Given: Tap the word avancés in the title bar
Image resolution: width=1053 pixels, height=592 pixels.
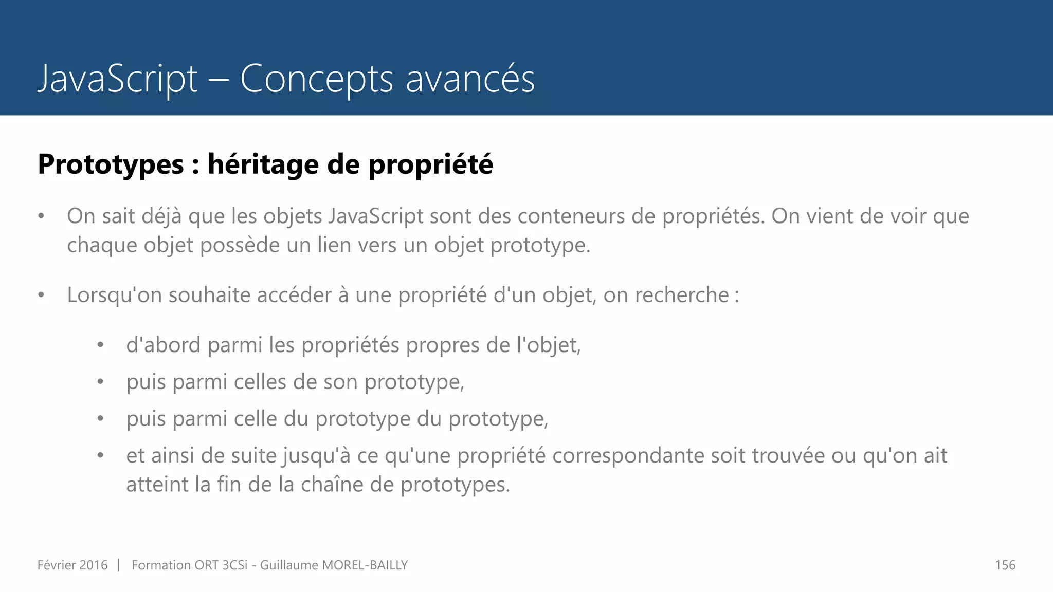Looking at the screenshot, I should point(470,79).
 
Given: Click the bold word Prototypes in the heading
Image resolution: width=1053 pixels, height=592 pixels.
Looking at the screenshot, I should point(111,164).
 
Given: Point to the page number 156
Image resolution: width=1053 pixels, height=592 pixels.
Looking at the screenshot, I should point(1005,565).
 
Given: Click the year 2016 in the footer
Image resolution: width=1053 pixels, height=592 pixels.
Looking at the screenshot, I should point(94,565).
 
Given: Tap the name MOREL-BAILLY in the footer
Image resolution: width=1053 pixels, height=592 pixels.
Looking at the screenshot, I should point(365,565).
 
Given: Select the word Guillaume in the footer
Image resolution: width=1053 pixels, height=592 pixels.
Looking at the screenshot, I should point(289,565).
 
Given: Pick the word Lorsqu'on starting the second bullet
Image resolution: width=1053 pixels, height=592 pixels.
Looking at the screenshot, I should point(114,295).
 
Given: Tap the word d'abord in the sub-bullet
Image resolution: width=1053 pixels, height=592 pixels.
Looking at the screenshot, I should point(164,345).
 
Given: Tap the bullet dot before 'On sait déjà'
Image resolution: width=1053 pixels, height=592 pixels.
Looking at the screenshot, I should point(42,216).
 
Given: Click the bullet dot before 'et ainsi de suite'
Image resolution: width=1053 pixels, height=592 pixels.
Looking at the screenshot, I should point(101,456).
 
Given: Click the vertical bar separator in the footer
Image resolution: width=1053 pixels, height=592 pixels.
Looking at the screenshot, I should point(119,565).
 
